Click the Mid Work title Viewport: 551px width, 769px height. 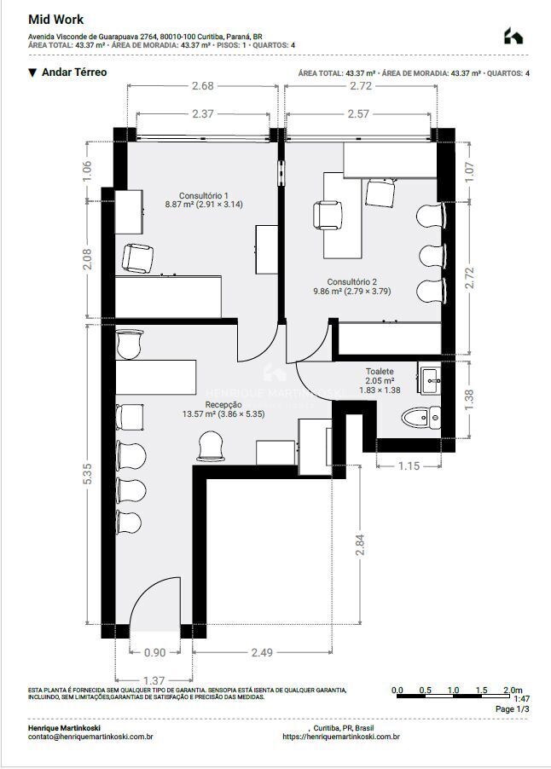(56, 19)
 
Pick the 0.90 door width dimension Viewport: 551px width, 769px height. (155, 652)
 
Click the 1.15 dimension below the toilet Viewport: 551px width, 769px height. (410, 465)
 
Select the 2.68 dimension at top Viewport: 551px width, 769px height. (202, 86)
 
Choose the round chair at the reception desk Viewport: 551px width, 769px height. (210, 444)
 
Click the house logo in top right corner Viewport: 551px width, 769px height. (513, 36)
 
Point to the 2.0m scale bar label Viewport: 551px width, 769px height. (512, 690)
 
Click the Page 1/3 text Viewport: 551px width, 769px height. (512, 708)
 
